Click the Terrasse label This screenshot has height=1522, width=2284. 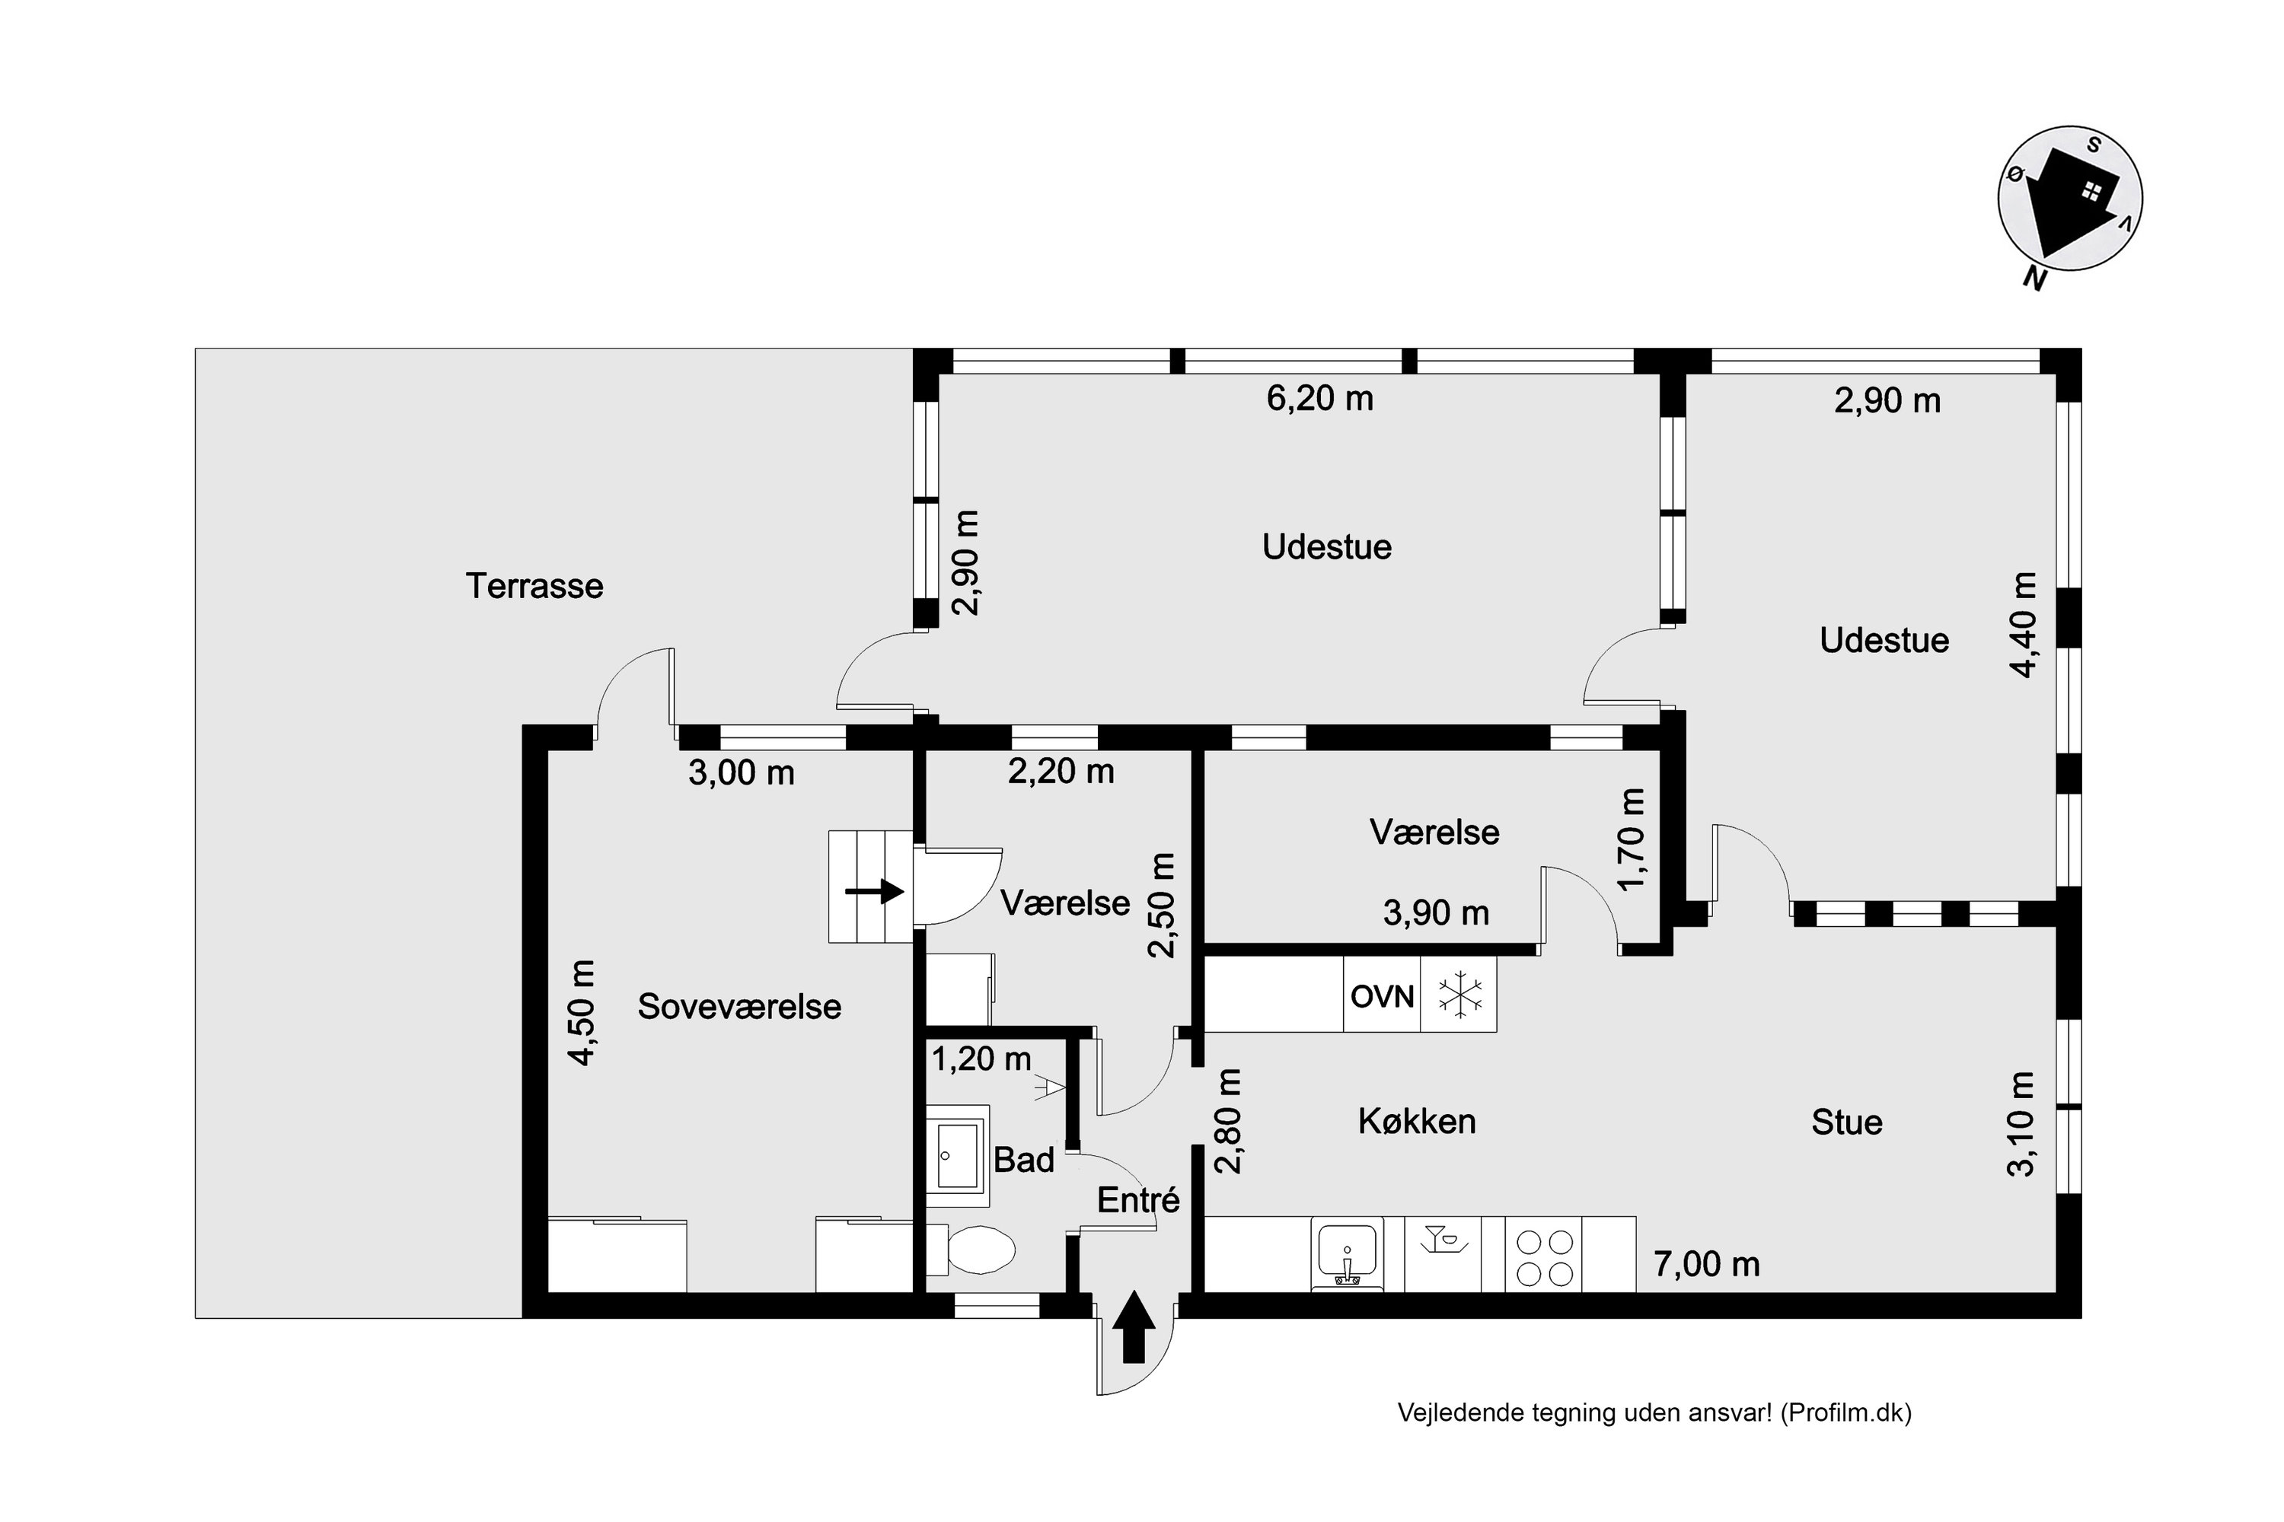point(534,586)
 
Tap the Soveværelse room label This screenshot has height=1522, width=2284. point(739,1007)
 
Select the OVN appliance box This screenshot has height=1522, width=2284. point(1382,995)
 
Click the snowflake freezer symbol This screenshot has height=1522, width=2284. point(1459,995)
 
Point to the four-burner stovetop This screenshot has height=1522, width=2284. point(1544,1257)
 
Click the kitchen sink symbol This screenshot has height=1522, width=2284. point(1347,1254)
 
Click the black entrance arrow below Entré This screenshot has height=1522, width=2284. point(1134,1328)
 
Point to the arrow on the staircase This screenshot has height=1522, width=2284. point(875,891)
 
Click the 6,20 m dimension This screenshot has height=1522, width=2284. point(1319,399)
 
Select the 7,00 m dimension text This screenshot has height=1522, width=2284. point(1707,1265)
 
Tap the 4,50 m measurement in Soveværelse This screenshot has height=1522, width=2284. point(582,1012)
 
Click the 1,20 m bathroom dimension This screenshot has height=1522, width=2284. point(982,1059)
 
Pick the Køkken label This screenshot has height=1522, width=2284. point(1417,1122)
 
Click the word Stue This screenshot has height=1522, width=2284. point(1847,1123)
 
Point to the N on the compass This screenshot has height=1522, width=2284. point(2034,279)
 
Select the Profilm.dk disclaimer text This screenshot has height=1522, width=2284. point(1654,1413)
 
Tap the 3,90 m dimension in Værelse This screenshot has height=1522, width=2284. point(1436,913)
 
